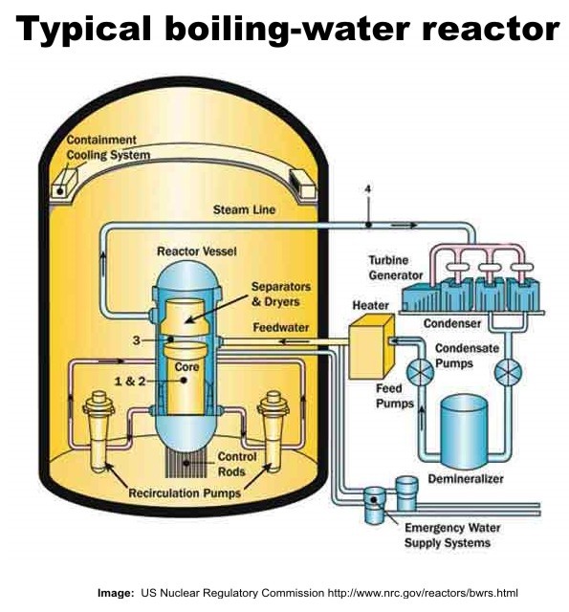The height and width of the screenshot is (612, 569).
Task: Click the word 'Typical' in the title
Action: point(83,30)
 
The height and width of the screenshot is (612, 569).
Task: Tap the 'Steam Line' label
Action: point(244,210)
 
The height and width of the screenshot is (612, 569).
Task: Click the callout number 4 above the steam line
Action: point(367,189)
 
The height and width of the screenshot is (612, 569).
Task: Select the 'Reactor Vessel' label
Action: point(197,251)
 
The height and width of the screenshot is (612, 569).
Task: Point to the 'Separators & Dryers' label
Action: point(281,294)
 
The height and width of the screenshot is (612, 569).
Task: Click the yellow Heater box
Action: point(371,347)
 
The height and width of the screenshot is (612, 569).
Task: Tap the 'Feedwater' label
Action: point(281,327)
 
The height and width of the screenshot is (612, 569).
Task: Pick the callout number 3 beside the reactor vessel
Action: point(136,340)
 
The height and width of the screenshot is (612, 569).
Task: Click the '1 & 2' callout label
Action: point(129,381)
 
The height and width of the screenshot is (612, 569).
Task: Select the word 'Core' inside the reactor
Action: point(186,367)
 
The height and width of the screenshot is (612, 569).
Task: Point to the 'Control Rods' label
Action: point(237,464)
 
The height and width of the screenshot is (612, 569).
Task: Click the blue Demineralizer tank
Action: point(464,431)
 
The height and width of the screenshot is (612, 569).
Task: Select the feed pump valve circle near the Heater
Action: point(421,371)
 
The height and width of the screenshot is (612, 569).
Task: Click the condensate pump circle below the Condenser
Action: point(508,371)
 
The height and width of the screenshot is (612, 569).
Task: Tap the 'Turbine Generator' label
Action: point(395,268)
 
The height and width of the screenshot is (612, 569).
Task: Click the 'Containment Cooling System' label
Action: point(108,147)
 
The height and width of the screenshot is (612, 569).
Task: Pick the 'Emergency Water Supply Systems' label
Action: point(452,535)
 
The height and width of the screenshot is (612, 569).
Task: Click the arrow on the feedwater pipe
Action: point(294,342)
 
